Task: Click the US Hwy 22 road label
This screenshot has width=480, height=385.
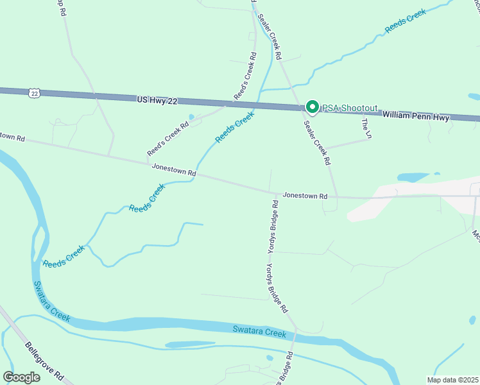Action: point(157,101)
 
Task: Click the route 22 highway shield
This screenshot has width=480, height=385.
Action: point(34,94)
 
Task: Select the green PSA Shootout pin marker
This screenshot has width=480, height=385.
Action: point(312,107)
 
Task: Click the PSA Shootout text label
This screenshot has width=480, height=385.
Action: point(350,108)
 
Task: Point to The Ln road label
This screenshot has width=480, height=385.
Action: point(366,128)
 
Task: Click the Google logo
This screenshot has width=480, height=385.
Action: point(21,377)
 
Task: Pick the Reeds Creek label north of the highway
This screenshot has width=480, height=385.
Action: point(405,21)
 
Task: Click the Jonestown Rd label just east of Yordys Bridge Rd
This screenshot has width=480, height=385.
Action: point(305,195)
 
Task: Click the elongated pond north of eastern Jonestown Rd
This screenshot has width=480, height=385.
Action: point(414,176)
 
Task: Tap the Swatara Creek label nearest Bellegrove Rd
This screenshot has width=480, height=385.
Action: point(51,302)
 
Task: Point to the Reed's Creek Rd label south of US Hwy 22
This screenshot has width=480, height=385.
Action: point(167,140)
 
